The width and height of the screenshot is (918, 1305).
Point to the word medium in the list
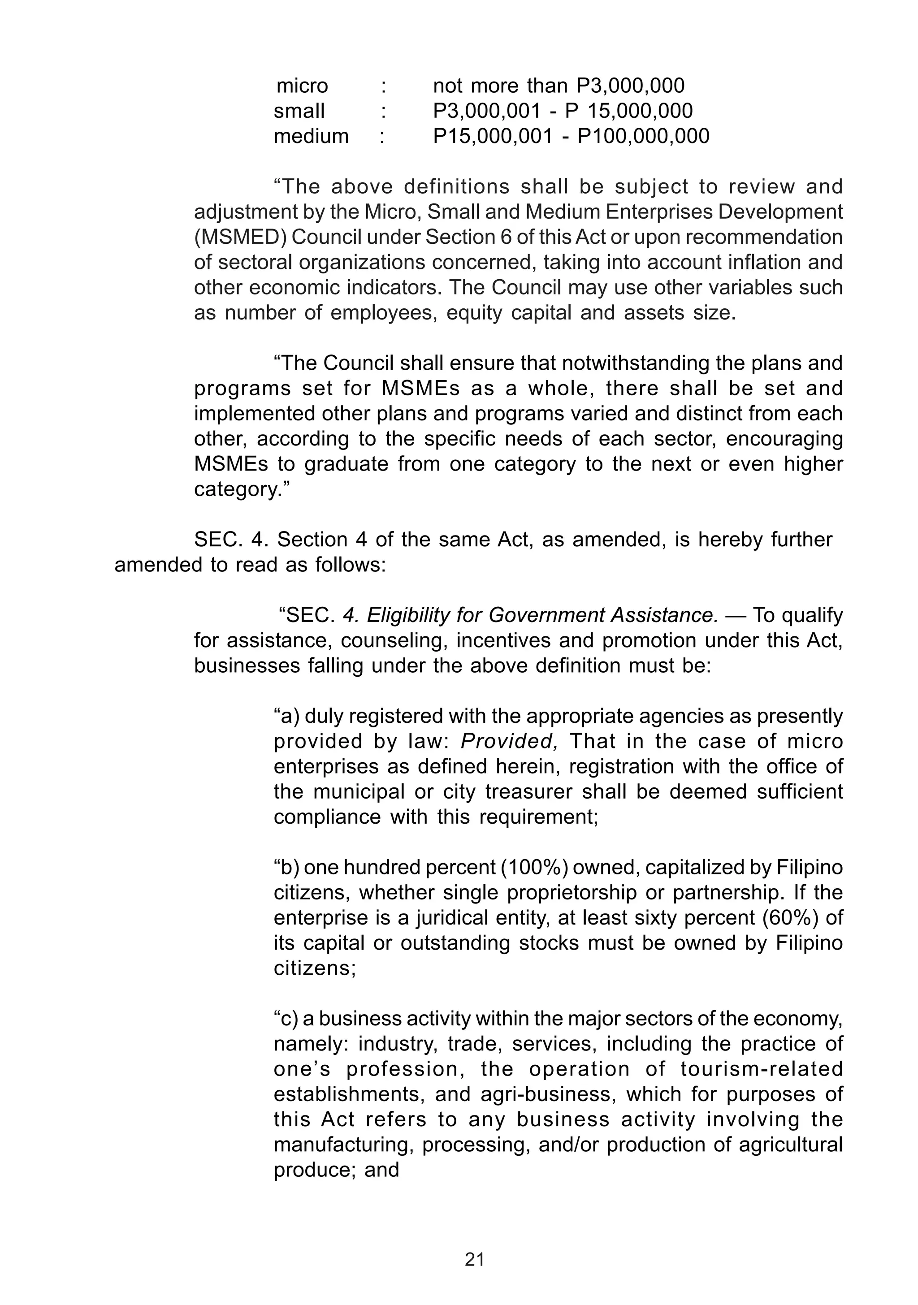[311, 136]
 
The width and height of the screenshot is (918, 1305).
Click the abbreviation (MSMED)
[240, 237]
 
